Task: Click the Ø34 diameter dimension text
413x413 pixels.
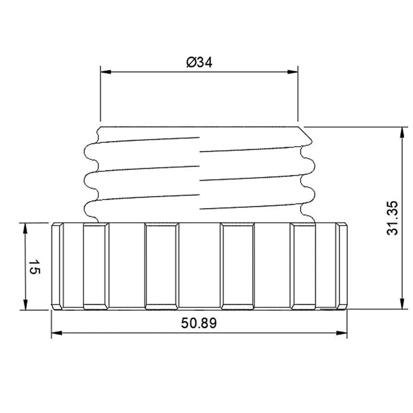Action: [199, 62]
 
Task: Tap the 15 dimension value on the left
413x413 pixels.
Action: [33, 266]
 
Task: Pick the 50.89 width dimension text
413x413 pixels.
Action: [199, 323]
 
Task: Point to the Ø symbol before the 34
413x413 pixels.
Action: [190, 62]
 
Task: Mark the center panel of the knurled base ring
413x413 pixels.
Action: [199, 266]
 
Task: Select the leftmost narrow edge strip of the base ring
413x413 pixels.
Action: [57, 266]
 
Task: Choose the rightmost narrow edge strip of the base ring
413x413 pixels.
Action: [342, 266]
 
